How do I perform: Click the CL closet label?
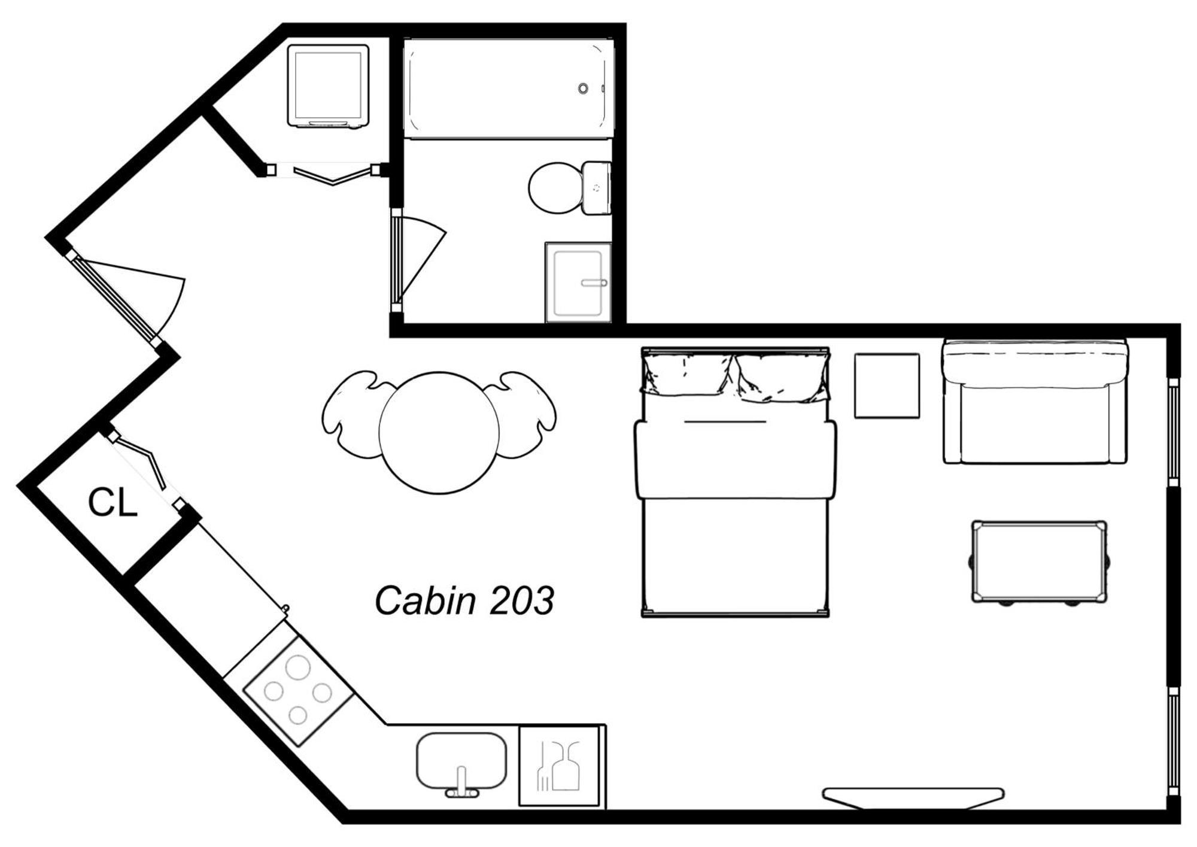coord(113,503)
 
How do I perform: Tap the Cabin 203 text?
coord(464,600)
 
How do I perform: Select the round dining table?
coord(439,433)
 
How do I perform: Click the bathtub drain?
coord(583,89)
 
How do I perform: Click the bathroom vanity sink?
coord(578,283)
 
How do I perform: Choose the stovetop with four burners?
coord(297,691)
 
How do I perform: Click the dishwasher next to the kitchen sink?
coord(560,766)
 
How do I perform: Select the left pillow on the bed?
coord(687,375)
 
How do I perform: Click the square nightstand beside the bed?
coord(886,385)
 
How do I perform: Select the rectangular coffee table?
coord(1039,561)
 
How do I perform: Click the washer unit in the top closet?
coord(328,86)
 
